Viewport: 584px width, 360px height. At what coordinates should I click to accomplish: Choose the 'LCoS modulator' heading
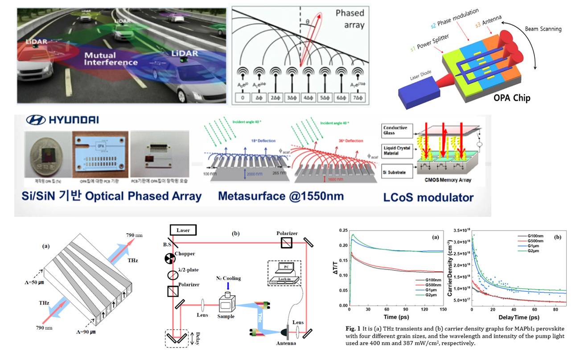428,197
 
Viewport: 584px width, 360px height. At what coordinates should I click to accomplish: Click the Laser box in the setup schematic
183,230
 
